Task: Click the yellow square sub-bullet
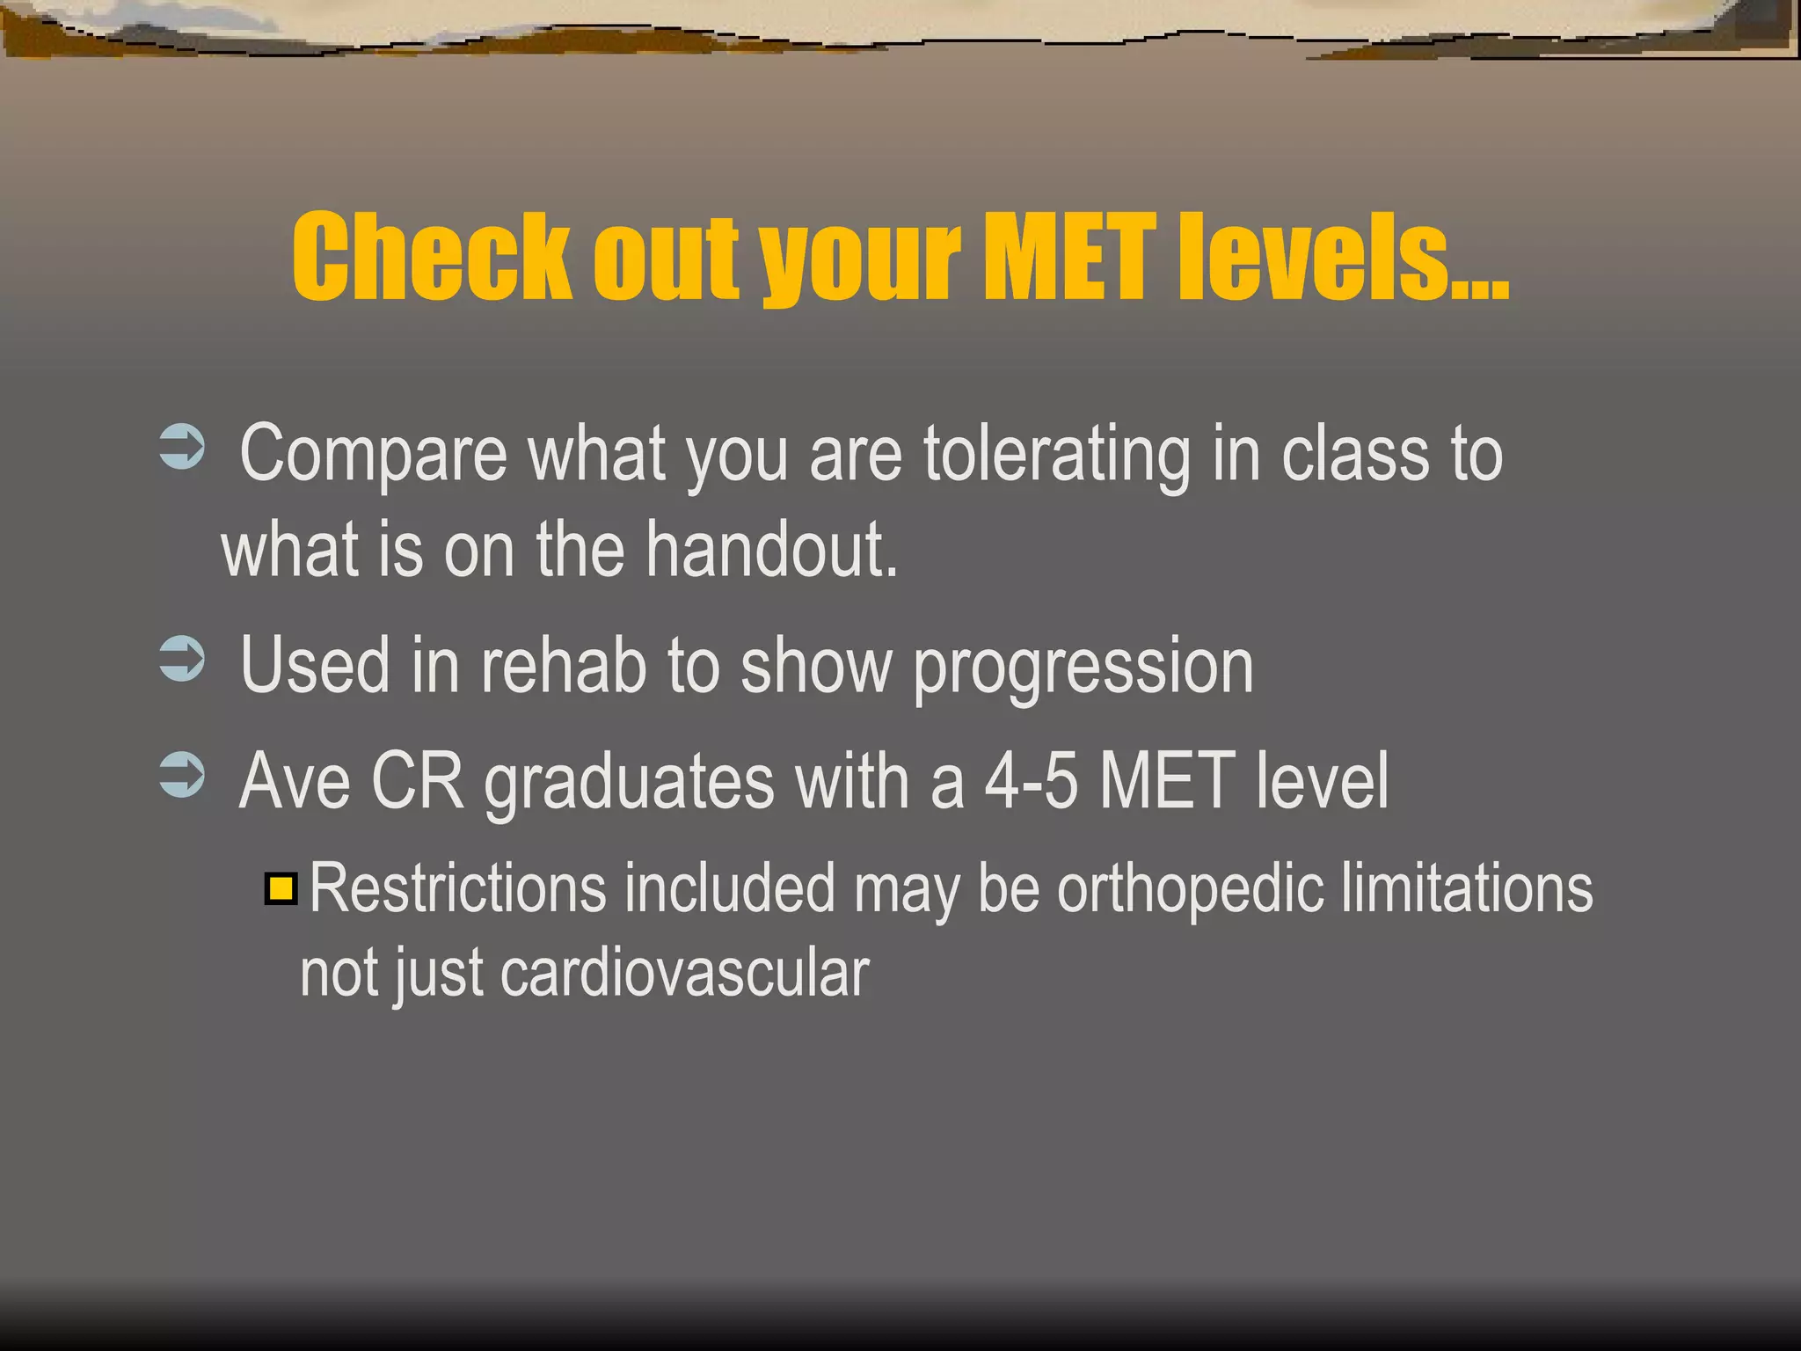281,888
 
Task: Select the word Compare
373,456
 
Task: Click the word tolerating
1056,456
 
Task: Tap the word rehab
564,666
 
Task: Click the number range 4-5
1030,781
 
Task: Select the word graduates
630,783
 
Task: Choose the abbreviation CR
417,781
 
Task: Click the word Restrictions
458,888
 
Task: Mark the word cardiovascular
684,974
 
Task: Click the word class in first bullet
1355,456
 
